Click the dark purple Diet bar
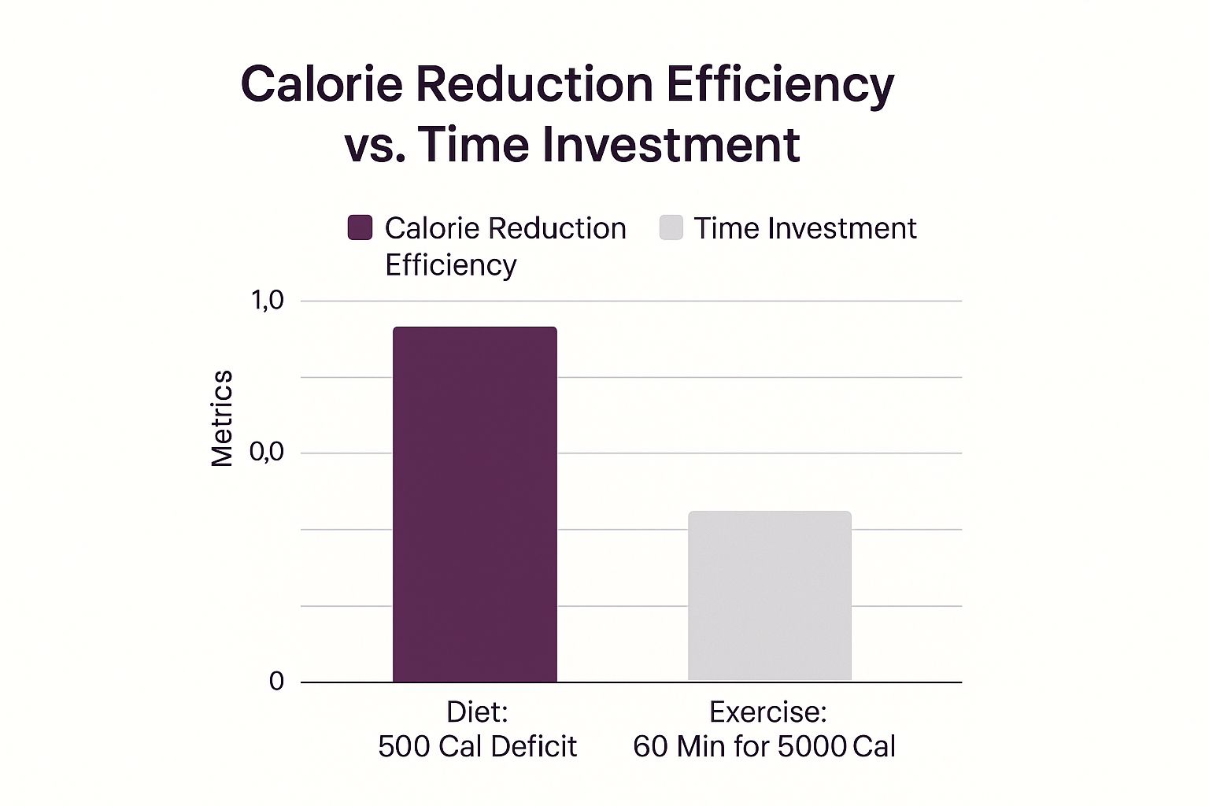pyautogui.click(x=475, y=504)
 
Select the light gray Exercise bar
pyautogui.click(x=769, y=596)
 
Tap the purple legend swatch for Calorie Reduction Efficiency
pyautogui.click(x=360, y=227)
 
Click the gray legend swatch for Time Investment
pyautogui.click(x=671, y=227)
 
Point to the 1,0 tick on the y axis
pyautogui.click(x=267, y=300)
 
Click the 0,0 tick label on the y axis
pyautogui.click(x=267, y=453)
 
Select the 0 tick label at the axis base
pyautogui.click(x=276, y=681)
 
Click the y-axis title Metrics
pyautogui.click(x=222, y=418)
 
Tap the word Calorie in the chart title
pyautogui.click(x=322, y=83)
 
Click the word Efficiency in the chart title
pyautogui.click(x=780, y=83)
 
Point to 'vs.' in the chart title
pyautogui.click(x=375, y=145)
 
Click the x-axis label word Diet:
pyautogui.click(x=477, y=712)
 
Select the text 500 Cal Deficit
pyautogui.click(x=477, y=746)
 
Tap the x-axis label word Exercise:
pyautogui.click(x=767, y=712)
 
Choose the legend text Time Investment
pyautogui.click(x=804, y=228)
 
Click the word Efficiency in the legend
pyautogui.click(x=450, y=264)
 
